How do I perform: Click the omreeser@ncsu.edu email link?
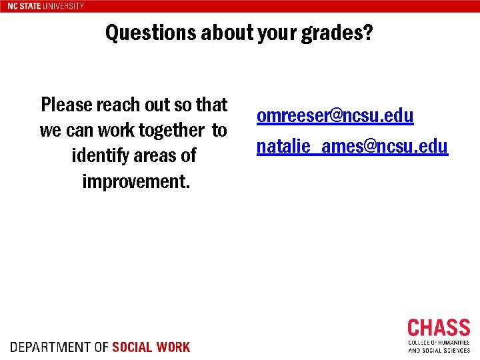[x=335, y=116]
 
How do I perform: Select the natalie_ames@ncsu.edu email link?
[x=352, y=146]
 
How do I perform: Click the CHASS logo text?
[x=439, y=329]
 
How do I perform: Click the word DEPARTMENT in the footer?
[x=51, y=347]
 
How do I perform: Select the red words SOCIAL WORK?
[x=151, y=347]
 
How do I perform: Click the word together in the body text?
[x=172, y=130]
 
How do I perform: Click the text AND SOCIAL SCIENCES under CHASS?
[x=439, y=350]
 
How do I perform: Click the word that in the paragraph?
[x=212, y=105]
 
